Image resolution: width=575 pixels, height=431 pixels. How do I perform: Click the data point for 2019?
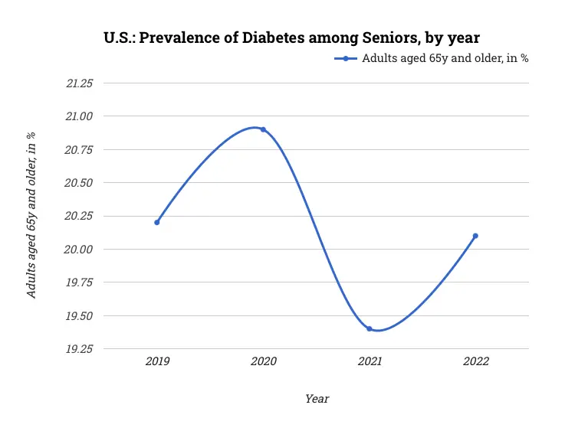[x=157, y=222]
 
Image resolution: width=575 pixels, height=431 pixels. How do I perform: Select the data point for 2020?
[x=263, y=129]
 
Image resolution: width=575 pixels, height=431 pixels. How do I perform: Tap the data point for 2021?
[x=370, y=328]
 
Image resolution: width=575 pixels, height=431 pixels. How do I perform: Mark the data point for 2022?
[x=475, y=236]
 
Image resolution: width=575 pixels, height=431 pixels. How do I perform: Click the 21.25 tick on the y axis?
[x=78, y=83]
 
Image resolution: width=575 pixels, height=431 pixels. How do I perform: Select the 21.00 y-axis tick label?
[x=78, y=116]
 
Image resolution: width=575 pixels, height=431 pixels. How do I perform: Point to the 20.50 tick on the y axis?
[x=78, y=183]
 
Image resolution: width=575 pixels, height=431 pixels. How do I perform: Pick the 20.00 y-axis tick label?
[x=78, y=250]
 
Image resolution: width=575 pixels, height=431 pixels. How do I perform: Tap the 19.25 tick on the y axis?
[x=78, y=349]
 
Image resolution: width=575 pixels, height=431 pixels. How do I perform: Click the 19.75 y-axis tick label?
[x=78, y=282]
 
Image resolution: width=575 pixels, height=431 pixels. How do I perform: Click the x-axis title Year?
[x=317, y=399]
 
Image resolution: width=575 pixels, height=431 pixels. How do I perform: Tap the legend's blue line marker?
[x=346, y=59]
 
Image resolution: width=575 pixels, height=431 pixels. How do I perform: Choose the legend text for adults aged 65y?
[x=445, y=59]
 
